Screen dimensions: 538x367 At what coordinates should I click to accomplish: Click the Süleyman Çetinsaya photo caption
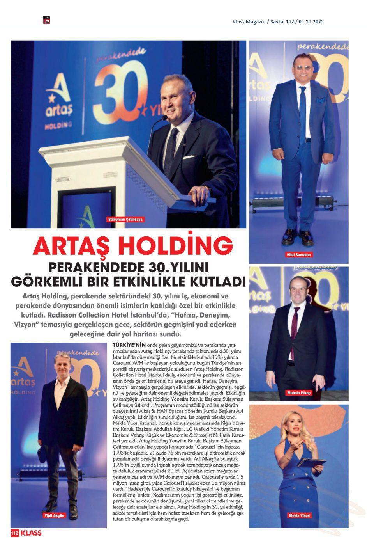125,219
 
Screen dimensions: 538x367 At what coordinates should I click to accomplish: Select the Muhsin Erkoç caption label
299,393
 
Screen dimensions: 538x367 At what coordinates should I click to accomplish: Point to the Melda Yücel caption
299,515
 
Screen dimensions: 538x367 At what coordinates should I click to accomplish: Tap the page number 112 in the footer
15,533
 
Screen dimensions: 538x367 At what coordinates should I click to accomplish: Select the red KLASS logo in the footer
31,533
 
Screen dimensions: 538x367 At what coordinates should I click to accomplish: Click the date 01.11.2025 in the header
311,22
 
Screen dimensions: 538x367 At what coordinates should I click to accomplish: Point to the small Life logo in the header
46,20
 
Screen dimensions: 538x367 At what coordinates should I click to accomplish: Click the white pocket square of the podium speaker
189,157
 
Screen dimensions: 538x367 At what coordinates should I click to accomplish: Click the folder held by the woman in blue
311,463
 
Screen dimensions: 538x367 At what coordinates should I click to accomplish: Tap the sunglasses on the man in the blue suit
302,67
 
